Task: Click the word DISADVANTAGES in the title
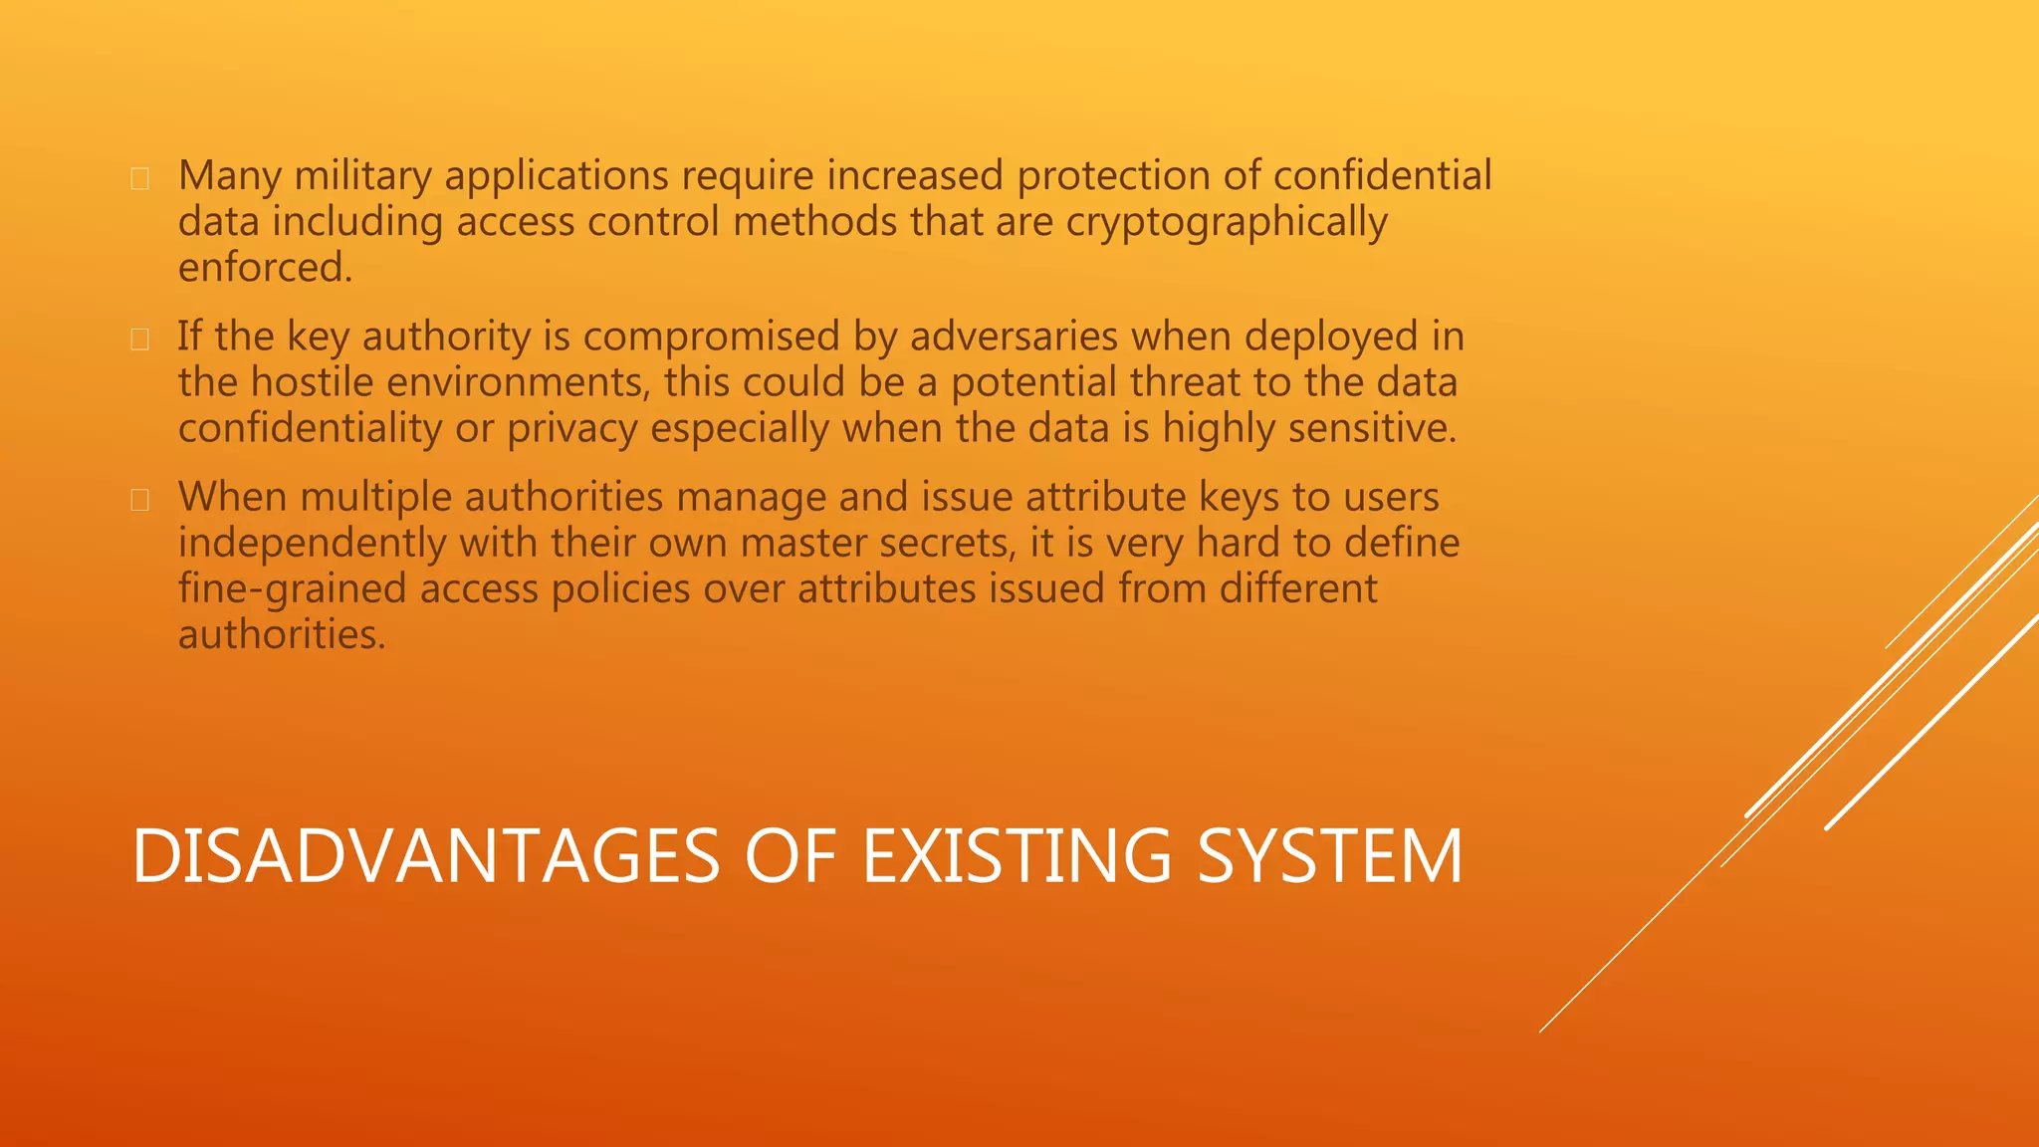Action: click(x=425, y=856)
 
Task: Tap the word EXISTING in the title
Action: click(x=1017, y=856)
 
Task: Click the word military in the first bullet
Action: click(x=362, y=176)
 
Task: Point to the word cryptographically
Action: click(x=1227, y=222)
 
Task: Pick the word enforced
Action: click(x=265, y=268)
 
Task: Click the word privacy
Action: click(x=571, y=429)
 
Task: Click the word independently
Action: click(x=312, y=544)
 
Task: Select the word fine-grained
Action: click(x=293, y=589)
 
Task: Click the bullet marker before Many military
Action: click(x=140, y=179)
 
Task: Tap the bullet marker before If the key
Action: click(x=140, y=340)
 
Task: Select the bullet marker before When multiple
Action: click(x=140, y=500)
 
